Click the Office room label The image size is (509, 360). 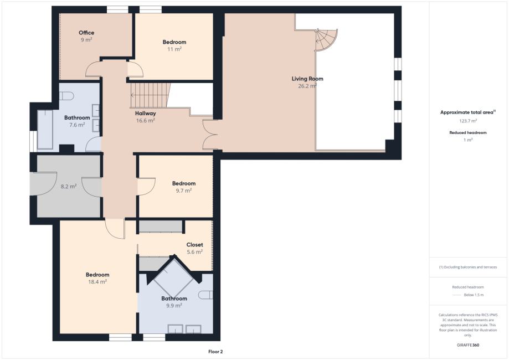86,33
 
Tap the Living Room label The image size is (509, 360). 307,79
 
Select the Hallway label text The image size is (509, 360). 146,114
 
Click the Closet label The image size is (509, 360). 194,244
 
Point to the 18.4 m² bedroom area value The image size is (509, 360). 97,282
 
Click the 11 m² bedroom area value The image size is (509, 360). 174,49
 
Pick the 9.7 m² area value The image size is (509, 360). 184,191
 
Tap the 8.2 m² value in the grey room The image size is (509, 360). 69,187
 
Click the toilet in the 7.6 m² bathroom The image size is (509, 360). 67,96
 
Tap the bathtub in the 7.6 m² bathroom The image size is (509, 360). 45,130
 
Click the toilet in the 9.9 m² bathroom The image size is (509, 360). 205,295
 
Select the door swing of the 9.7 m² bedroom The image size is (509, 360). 146,187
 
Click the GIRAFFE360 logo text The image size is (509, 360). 468,345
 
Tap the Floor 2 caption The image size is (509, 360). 215,352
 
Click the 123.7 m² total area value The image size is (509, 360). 468,121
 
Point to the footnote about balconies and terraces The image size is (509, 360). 468,267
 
